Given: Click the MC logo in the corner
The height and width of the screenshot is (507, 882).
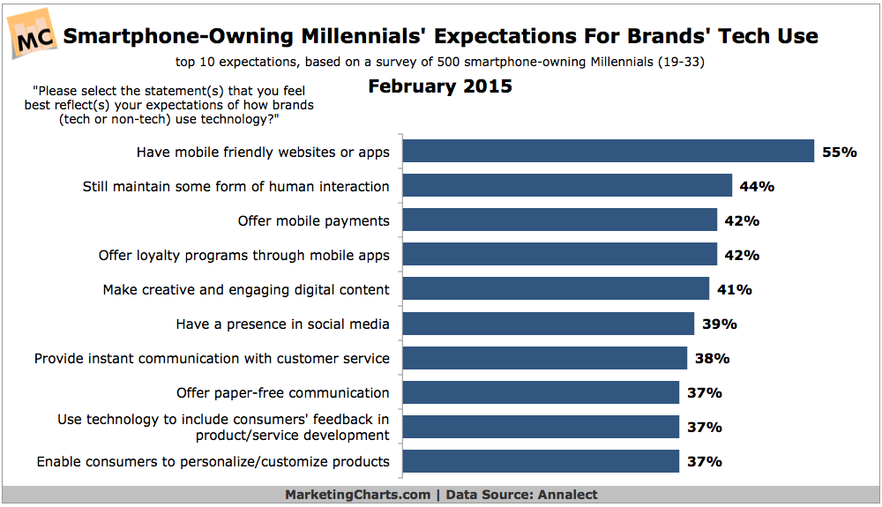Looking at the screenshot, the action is [x=33, y=34].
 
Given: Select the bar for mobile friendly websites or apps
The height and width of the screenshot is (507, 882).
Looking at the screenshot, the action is [x=608, y=151].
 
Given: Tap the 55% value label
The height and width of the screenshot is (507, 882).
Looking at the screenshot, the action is [x=840, y=152].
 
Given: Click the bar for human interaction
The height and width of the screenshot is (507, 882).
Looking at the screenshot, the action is [x=567, y=185].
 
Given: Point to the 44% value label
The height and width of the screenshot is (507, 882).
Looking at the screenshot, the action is [x=757, y=187].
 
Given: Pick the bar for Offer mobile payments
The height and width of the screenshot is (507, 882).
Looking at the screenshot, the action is [x=560, y=220].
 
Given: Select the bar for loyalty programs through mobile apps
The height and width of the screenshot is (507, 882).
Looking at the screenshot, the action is [x=560, y=254].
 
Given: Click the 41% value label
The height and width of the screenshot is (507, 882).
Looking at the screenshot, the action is [x=734, y=289].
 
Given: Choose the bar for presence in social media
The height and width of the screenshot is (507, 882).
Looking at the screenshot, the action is [x=549, y=324].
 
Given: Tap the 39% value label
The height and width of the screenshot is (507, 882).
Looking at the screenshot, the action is [x=720, y=324].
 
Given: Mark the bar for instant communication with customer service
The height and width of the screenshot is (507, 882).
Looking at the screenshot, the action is [x=544, y=357].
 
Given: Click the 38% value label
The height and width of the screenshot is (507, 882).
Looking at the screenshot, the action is [x=712, y=358].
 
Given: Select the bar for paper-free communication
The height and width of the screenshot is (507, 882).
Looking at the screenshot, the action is [x=541, y=391].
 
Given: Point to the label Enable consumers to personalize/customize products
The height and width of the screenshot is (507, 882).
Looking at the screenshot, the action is [x=213, y=461].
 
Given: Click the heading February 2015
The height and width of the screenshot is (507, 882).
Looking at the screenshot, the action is [x=440, y=86].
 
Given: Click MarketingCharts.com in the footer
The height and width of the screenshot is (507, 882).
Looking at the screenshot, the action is [x=358, y=495].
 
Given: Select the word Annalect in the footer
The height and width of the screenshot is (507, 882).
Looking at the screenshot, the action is [x=567, y=495].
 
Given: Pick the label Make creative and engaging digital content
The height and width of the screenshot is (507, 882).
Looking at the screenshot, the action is [x=246, y=290].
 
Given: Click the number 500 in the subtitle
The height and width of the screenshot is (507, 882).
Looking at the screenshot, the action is [x=448, y=62].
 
